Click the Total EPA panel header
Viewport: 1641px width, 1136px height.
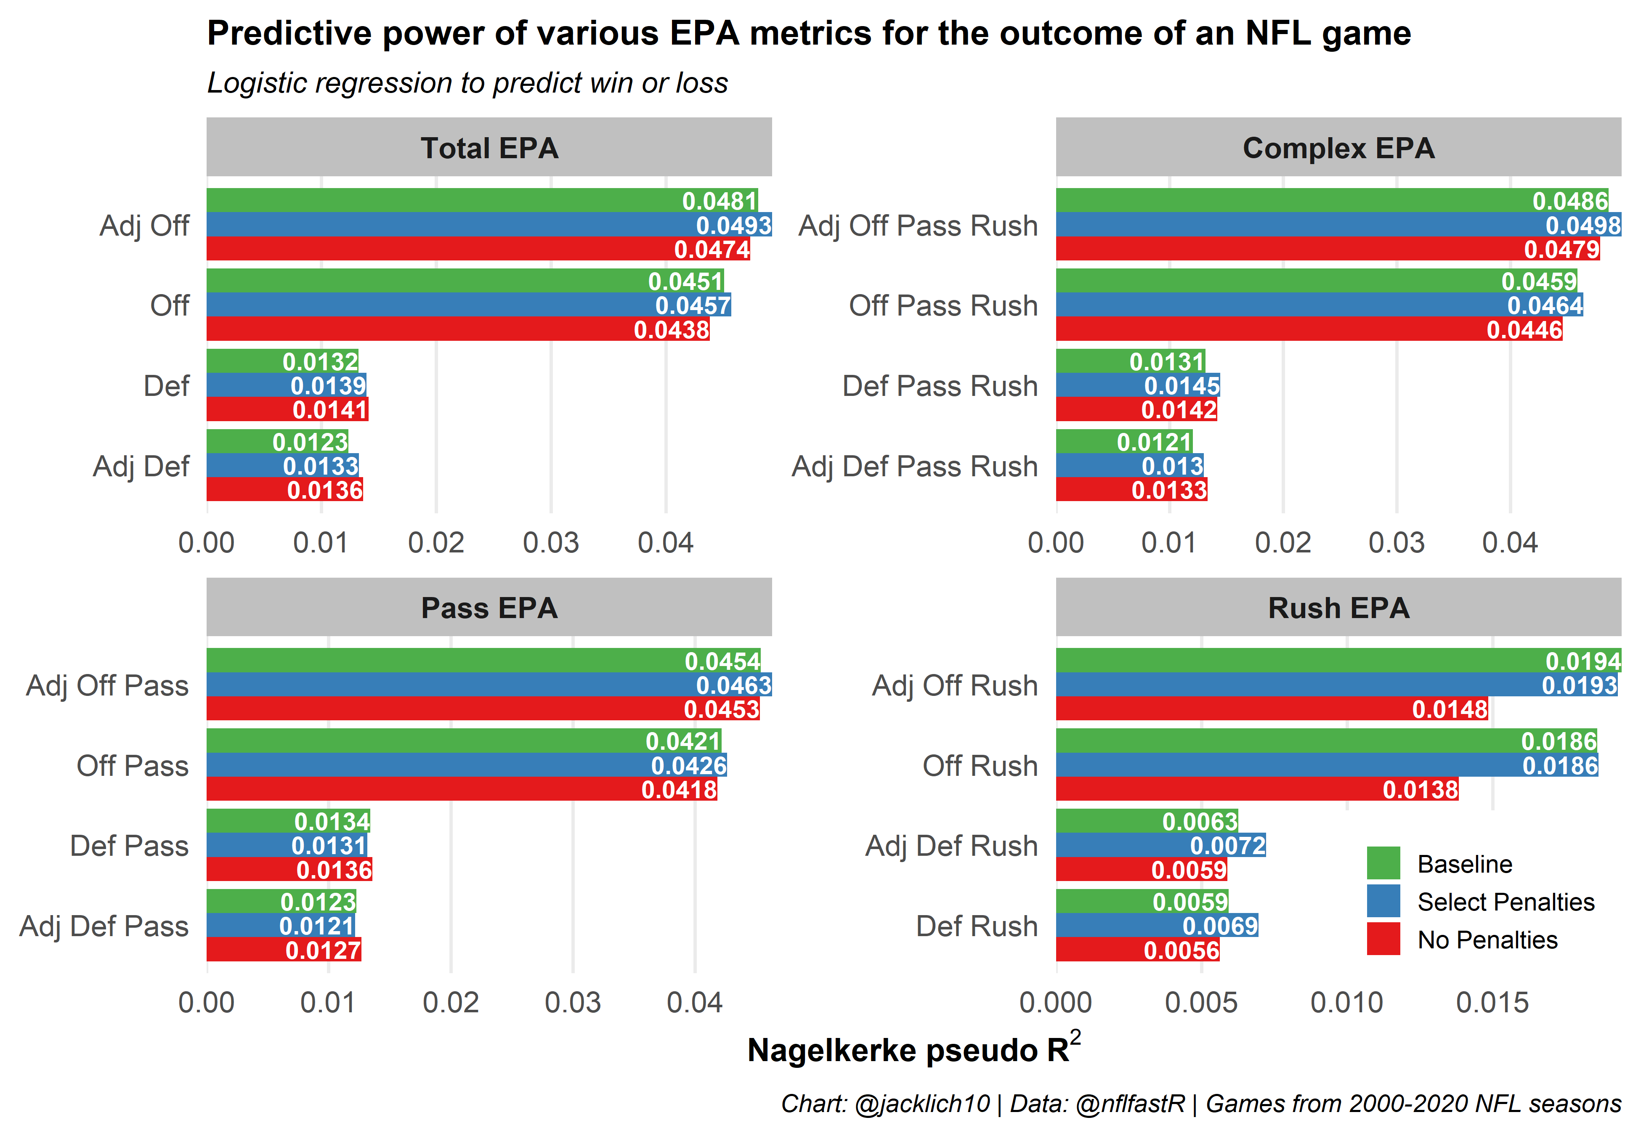pos(489,148)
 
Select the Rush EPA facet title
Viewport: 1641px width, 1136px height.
pos(1338,608)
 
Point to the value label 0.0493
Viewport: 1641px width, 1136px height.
pos(733,226)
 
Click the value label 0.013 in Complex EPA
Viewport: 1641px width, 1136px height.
pos(1172,466)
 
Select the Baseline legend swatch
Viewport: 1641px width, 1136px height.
pos(1383,863)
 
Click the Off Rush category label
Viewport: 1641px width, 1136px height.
pos(980,766)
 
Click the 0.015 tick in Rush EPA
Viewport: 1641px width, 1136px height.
pos(1492,1002)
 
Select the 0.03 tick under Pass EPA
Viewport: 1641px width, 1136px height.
pos(573,1002)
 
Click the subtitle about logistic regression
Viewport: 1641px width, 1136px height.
pos(467,83)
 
